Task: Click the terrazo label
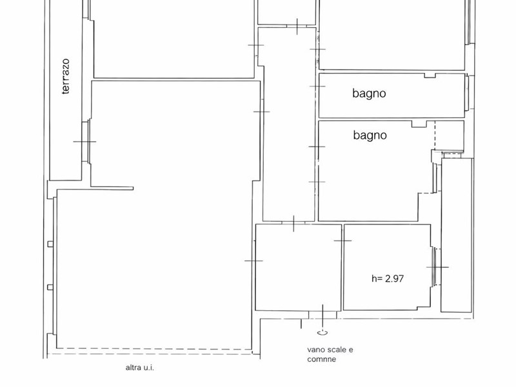(x=66, y=76)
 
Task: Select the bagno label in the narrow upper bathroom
(x=369, y=94)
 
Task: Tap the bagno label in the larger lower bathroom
(x=370, y=135)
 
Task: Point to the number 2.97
(x=394, y=279)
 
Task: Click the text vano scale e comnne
(x=330, y=354)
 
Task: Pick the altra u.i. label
(x=139, y=368)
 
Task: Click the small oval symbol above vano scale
(x=322, y=333)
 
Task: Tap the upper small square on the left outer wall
(x=50, y=244)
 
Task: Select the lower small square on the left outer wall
(x=50, y=287)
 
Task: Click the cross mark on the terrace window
(x=85, y=142)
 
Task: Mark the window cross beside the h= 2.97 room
(x=438, y=267)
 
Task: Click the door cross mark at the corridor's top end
(x=297, y=26)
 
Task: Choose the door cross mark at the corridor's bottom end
(x=293, y=224)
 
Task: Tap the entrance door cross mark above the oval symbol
(x=322, y=315)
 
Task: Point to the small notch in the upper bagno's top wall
(x=430, y=75)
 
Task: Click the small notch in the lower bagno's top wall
(x=419, y=124)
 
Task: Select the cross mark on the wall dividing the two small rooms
(x=342, y=241)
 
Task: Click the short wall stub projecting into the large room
(x=112, y=188)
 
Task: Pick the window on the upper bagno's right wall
(x=466, y=93)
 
